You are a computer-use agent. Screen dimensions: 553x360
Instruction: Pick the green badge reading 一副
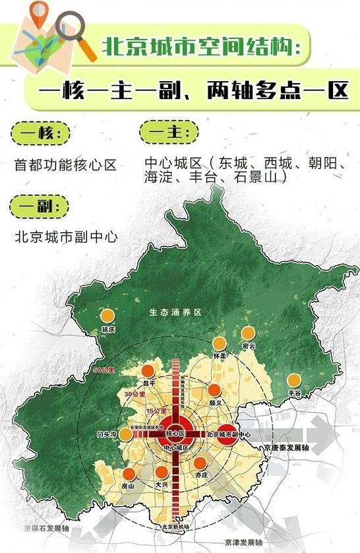[x=38, y=207]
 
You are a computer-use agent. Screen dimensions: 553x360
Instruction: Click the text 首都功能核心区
[x=65, y=165]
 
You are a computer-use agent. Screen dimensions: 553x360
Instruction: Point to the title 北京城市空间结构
[x=201, y=47]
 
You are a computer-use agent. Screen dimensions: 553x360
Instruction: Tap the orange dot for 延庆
[x=108, y=316]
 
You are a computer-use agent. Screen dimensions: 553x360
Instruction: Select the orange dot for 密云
[x=248, y=334]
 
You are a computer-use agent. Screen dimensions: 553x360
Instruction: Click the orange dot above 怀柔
[x=220, y=344]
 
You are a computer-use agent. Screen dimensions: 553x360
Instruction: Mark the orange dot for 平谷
[x=293, y=381]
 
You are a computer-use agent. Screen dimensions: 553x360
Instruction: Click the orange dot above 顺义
[x=214, y=390]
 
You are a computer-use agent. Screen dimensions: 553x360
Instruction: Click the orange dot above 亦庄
[x=200, y=463]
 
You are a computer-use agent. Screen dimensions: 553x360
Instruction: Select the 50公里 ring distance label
[x=104, y=370]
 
